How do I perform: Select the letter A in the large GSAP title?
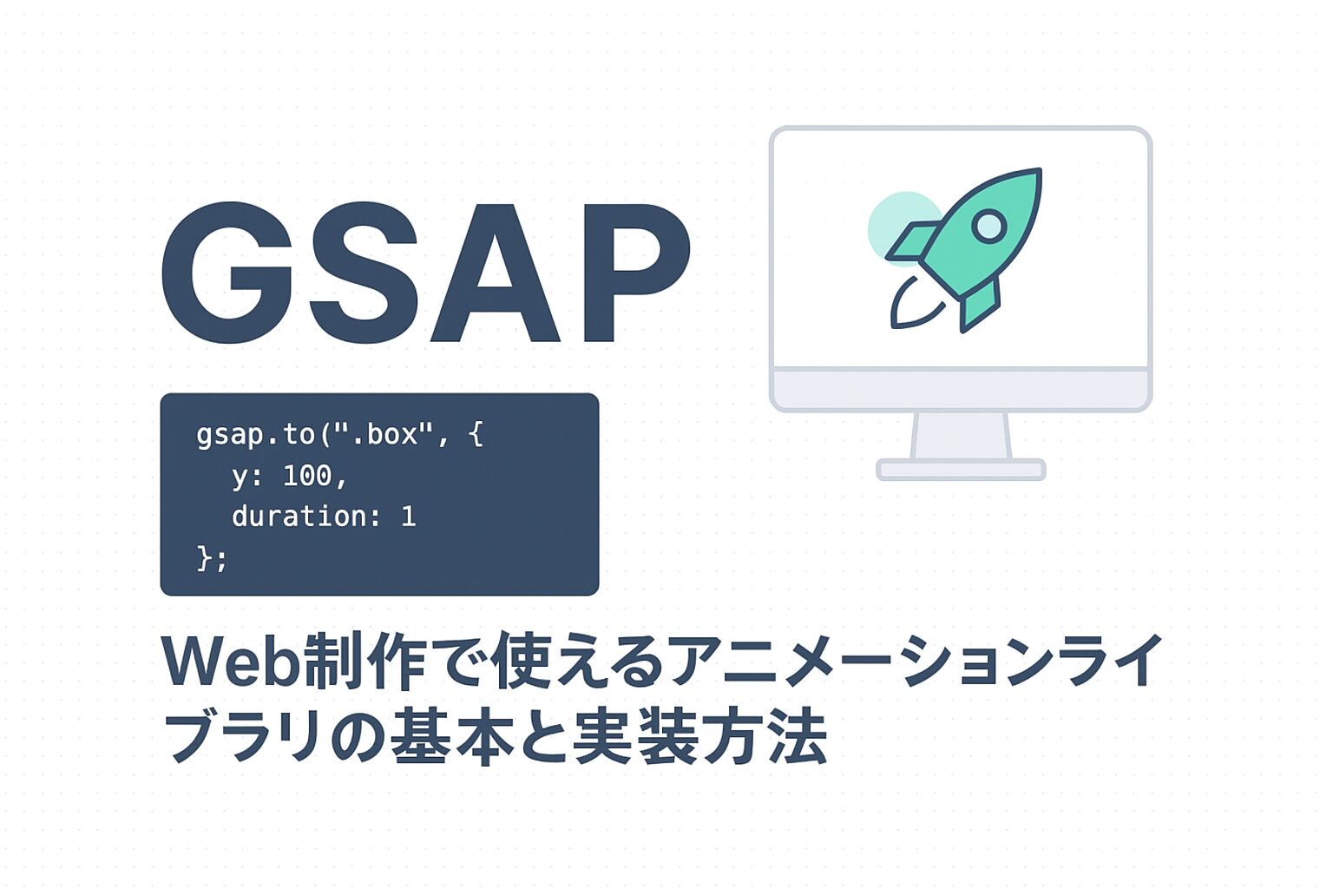click(x=496, y=273)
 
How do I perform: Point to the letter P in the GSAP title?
click(x=637, y=273)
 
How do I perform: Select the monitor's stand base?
click(x=961, y=469)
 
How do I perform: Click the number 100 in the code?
click(x=308, y=476)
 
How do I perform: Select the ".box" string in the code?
click(x=384, y=435)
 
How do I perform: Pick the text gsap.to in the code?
click(x=256, y=435)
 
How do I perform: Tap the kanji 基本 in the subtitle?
click(x=453, y=741)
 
